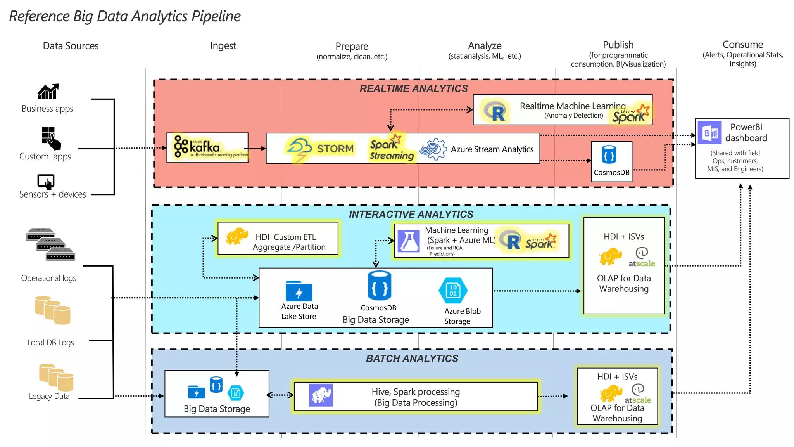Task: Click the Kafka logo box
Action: click(207, 148)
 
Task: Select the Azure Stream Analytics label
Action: click(492, 149)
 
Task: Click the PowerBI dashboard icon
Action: click(709, 133)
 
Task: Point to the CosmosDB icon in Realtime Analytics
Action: click(609, 155)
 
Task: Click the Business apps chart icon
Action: click(48, 92)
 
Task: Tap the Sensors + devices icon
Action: click(46, 182)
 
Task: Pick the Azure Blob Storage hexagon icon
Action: click(453, 290)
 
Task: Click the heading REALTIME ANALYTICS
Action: click(413, 89)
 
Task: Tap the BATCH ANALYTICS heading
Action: click(412, 359)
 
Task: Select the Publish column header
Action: click(618, 45)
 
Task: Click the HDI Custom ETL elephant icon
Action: click(236, 236)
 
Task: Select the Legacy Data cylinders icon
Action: click(56, 377)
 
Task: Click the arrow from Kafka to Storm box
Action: click(257, 149)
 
